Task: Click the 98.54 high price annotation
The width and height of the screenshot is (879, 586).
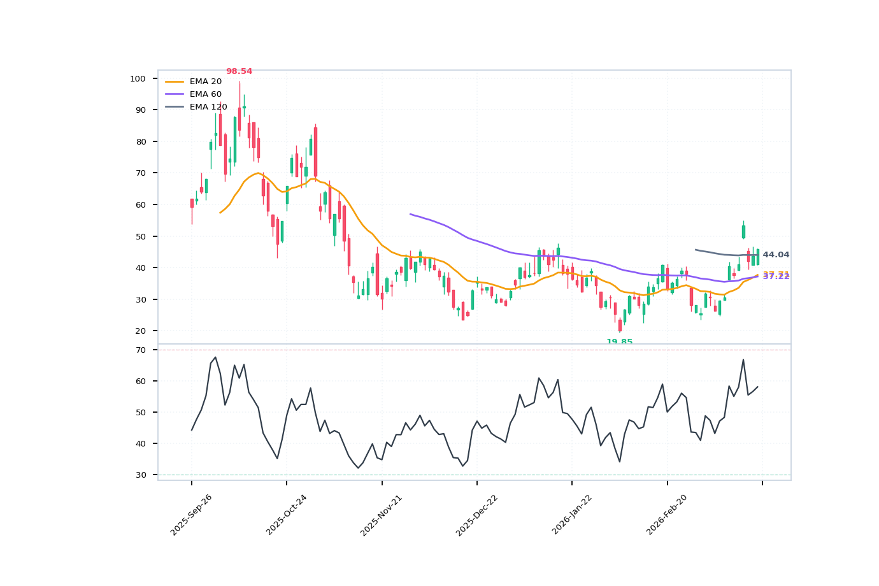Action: click(x=239, y=71)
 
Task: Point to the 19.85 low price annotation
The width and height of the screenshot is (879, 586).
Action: click(x=619, y=342)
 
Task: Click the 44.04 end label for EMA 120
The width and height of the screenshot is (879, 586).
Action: click(x=776, y=255)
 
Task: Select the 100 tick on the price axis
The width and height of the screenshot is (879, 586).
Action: click(x=138, y=78)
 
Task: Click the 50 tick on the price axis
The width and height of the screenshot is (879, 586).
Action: click(x=140, y=236)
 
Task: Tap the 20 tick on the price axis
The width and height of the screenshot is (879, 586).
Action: click(x=140, y=331)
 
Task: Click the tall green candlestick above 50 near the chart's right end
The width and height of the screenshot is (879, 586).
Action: click(x=743, y=231)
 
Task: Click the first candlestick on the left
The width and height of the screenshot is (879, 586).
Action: click(x=192, y=203)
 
